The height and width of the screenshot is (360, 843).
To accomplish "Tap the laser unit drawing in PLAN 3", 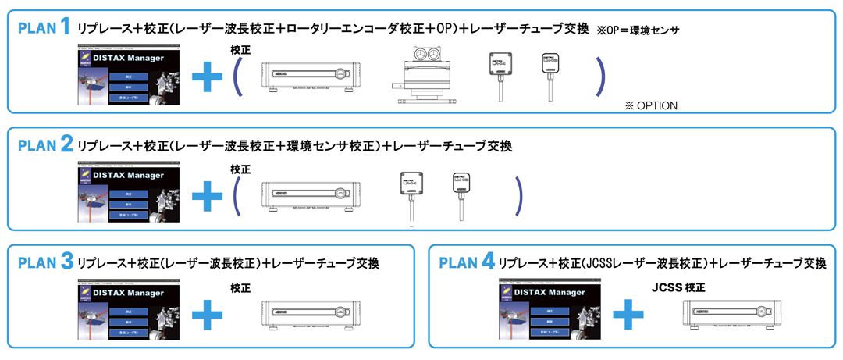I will tap(304, 313).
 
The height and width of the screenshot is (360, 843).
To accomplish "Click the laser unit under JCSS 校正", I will tap(725, 313).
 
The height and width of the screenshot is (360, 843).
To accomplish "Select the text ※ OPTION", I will tap(650, 105).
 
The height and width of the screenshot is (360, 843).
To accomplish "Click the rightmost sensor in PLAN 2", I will tap(461, 192).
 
